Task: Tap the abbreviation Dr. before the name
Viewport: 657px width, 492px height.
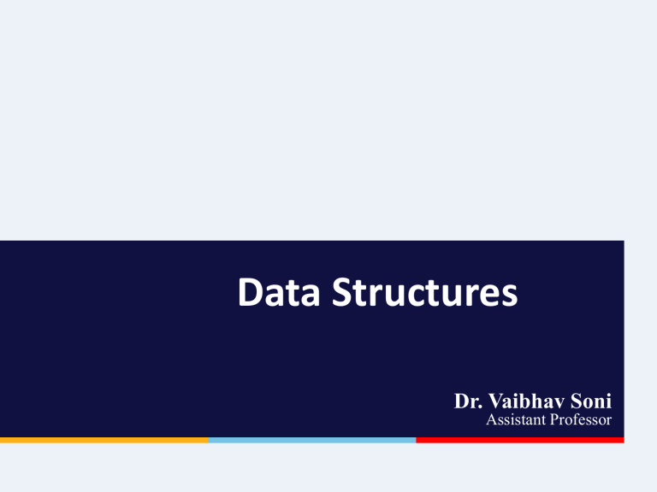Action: point(469,401)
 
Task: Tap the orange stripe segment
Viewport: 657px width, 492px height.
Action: point(104,440)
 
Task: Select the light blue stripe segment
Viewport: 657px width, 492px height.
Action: point(311,440)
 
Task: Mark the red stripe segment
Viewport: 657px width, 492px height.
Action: point(519,440)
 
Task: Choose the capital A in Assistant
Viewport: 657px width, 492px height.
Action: point(490,420)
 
